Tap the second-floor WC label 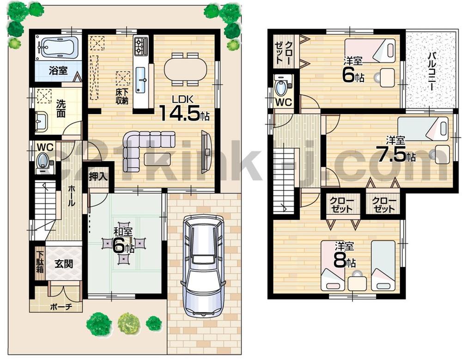point(284,102)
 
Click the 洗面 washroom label point(61,107)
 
